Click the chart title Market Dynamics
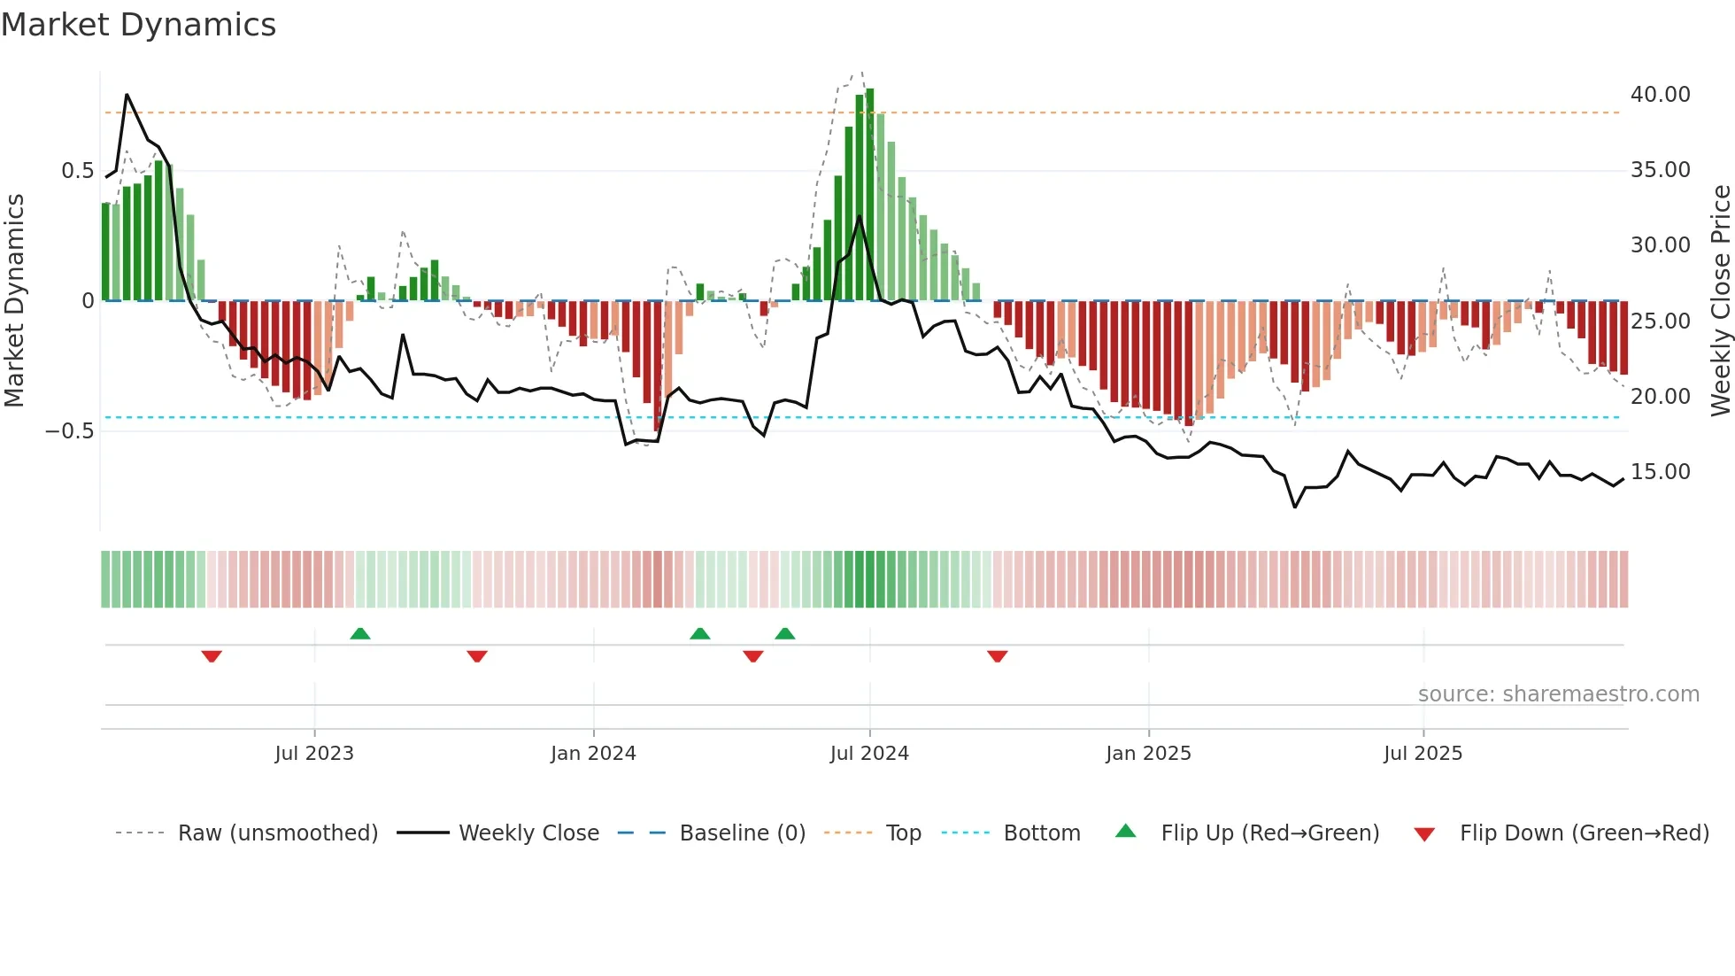click(139, 25)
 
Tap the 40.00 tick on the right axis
click(1660, 95)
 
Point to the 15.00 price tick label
click(1660, 472)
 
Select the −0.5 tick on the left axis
click(69, 431)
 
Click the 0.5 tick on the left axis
click(77, 171)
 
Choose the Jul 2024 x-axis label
click(868, 754)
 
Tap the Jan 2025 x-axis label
click(1147, 754)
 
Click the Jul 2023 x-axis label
click(313, 754)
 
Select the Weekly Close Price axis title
click(1720, 300)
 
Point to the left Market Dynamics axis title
click(14, 300)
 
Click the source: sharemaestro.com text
click(1558, 694)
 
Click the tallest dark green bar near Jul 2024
click(869, 195)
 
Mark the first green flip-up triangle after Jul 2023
click(359, 634)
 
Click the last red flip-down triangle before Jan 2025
click(997, 656)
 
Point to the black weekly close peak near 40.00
click(127, 95)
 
